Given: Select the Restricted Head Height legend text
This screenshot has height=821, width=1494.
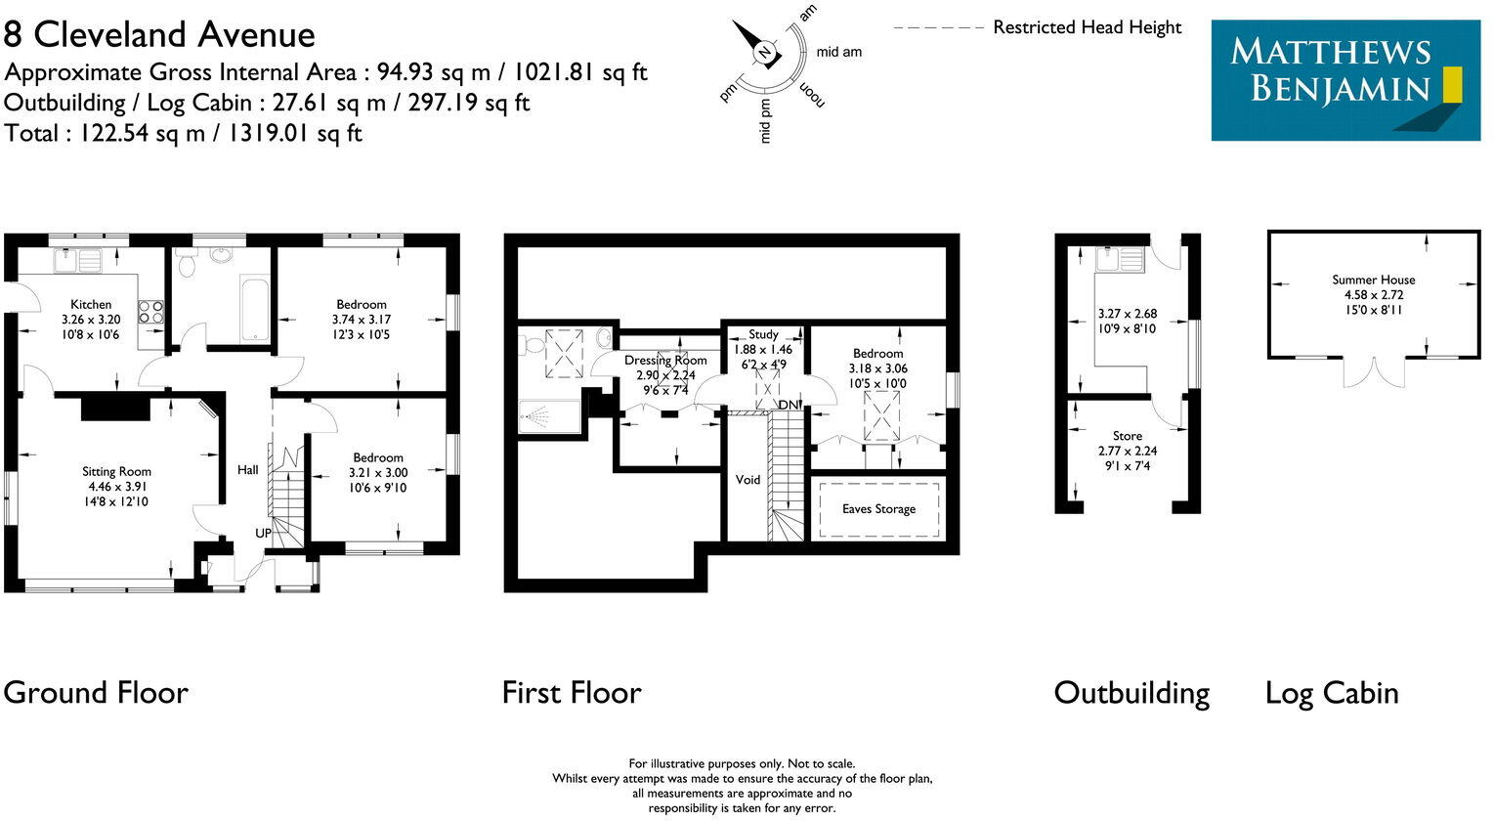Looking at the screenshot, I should pyautogui.click(x=1087, y=27).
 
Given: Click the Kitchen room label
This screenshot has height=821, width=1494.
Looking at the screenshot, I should pyautogui.click(x=91, y=304).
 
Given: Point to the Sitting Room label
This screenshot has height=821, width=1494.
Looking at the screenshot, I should pyautogui.click(x=116, y=471).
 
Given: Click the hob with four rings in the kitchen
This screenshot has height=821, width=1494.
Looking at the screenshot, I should pyautogui.click(x=151, y=311).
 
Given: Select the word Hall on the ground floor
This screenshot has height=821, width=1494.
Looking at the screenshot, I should pyautogui.click(x=248, y=470).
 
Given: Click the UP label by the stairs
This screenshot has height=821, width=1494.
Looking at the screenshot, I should pyautogui.click(x=264, y=533).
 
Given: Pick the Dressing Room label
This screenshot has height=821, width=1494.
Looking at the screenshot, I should pyautogui.click(x=665, y=360).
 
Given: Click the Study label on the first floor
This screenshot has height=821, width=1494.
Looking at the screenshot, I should pyautogui.click(x=763, y=334).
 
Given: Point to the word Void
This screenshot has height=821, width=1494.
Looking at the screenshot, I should pyautogui.click(x=747, y=480).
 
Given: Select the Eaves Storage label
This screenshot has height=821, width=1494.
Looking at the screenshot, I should pyautogui.click(x=878, y=509).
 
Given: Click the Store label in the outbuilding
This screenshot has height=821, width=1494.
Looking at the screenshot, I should pyautogui.click(x=1127, y=436).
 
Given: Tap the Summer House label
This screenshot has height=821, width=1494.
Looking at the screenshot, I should pyautogui.click(x=1373, y=280).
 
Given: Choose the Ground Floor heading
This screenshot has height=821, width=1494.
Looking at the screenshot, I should pyautogui.click(x=96, y=693).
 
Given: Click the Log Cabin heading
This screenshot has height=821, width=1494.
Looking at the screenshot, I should pyautogui.click(x=1332, y=693).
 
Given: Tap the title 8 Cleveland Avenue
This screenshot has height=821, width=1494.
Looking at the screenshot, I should pyautogui.click(x=159, y=35).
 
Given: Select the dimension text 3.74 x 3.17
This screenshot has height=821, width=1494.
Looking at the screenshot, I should pyautogui.click(x=362, y=320).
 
